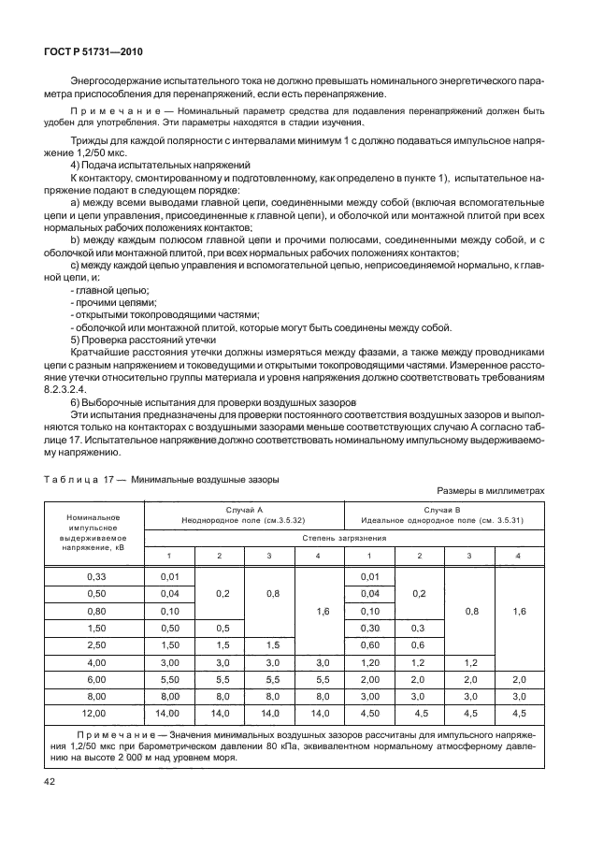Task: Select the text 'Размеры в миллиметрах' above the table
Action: coord(490,489)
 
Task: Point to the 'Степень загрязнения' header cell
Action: coord(344,538)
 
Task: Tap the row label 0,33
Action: coord(96,576)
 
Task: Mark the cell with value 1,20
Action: coord(370,660)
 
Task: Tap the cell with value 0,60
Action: coord(370,644)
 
